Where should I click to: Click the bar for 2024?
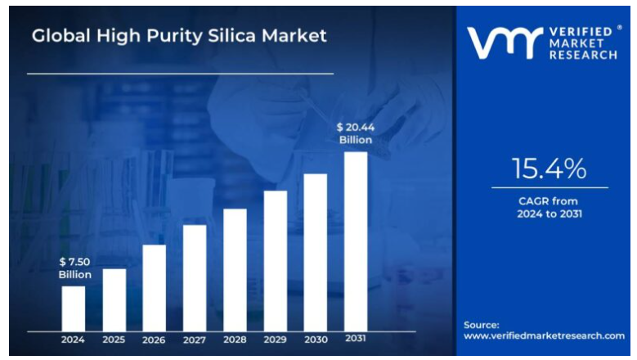[74, 308]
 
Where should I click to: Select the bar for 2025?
[114, 299]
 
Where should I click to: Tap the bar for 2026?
[155, 287]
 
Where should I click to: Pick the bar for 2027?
[195, 277]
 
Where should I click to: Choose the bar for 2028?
[235, 269]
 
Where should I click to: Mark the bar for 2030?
[316, 252]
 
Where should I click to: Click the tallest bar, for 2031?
[356, 241]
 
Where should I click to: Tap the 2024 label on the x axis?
[74, 340]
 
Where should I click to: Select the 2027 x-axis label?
[195, 340]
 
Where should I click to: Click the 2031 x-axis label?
[356, 339]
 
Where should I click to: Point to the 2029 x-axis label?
[276, 340]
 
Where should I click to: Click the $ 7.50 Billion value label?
[74, 268]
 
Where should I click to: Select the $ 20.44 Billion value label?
[356, 133]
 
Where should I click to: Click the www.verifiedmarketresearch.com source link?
[544, 335]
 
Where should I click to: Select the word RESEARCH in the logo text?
[583, 55]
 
